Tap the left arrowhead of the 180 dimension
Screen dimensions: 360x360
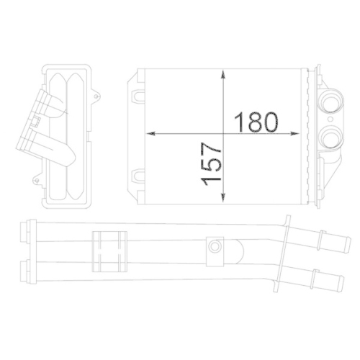(150, 134)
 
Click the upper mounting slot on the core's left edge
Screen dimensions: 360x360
(136, 94)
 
